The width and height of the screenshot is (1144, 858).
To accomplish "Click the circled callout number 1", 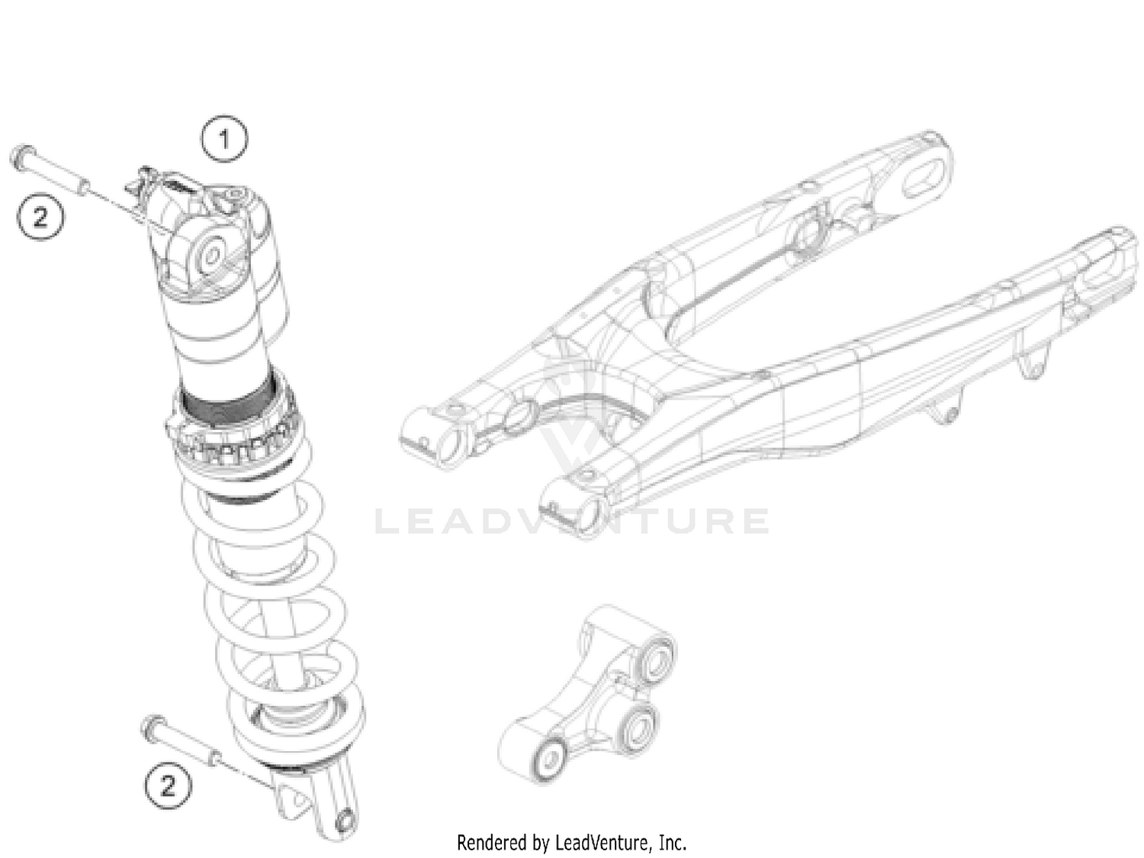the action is tap(223, 139).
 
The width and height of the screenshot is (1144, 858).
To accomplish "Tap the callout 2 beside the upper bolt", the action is tap(40, 217).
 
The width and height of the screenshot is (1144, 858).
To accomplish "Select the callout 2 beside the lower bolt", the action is tap(167, 785).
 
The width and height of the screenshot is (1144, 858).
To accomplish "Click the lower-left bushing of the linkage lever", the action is tap(545, 757).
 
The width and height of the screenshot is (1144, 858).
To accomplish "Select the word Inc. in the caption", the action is tap(672, 843).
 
